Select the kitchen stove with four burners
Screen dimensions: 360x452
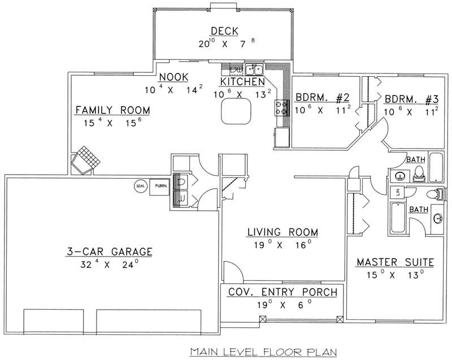(x=281, y=107)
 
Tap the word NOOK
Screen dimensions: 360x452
(x=173, y=77)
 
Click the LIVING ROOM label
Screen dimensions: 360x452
(x=282, y=232)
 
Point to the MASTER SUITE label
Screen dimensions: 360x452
(x=395, y=262)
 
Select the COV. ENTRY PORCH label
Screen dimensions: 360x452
(x=282, y=292)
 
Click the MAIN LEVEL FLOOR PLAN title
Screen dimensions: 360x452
(x=263, y=351)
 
